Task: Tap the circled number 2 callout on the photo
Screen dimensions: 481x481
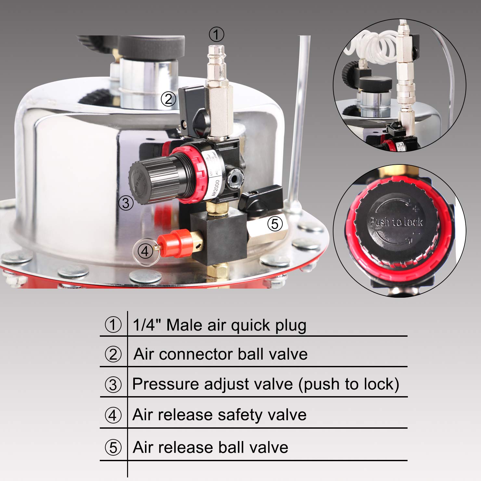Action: pyautogui.click(x=168, y=98)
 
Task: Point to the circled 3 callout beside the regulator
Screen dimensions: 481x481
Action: pyautogui.click(x=126, y=203)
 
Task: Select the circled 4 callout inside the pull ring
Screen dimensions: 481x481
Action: pyautogui.click(x=145, y=251)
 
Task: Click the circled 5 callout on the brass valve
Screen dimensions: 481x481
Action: pyautogui.click(x=275, y=224)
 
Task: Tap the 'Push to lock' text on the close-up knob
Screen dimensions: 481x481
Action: pyautogui.click(x=396, y=222)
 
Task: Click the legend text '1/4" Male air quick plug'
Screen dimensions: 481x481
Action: pyautogui.click(x=220, y=325)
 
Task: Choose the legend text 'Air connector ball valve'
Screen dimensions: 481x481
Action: pyautogui.click(x=220, y=354)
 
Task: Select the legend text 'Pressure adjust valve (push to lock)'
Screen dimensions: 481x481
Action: pyautogui.click(x=266, y=384)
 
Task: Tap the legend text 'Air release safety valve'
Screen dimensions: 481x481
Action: pyautogui.click(x=219, y=415)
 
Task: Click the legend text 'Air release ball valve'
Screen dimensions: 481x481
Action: pyautogui.click(x=211, y=447)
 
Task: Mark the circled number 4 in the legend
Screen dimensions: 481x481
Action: pyautogui.click(x=113, y=415)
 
